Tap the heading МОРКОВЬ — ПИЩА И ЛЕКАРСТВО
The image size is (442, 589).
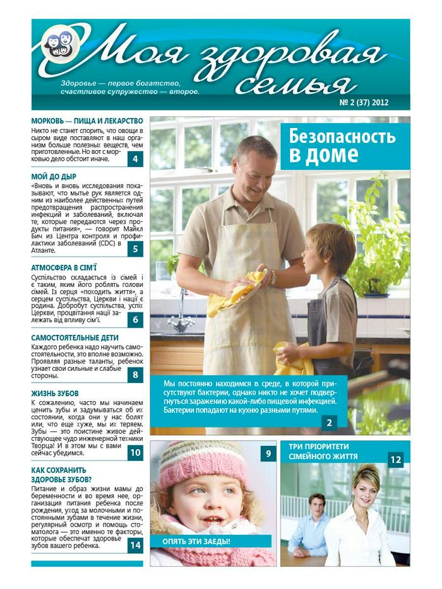point(87,121)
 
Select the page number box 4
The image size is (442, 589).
point(136,159)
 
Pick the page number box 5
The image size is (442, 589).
point(136,249)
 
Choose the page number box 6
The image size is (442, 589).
point(136,320)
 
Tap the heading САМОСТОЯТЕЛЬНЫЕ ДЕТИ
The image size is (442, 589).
point(75,338)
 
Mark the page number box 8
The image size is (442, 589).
point(136,375)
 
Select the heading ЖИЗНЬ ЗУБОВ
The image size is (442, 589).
point(55,394)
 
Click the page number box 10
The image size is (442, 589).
point(136,452)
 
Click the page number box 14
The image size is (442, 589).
point(136,545)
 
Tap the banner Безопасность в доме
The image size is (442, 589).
point(343,145)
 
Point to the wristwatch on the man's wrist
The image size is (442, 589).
point(272,277)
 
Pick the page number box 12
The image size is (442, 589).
point(395,460)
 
